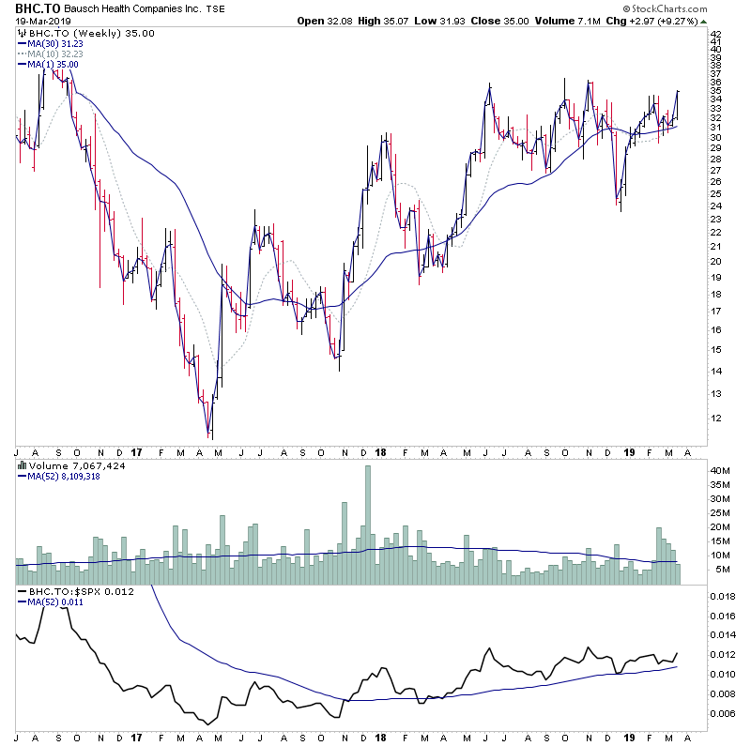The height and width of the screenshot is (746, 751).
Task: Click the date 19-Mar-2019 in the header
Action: click(x=35, y=21)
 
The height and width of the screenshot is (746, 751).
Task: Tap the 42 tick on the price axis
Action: click(x=715, y=35)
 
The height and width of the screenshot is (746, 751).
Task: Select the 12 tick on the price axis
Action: click(x=715, y=418)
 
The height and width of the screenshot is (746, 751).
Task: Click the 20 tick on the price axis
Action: click(x=715, y=260)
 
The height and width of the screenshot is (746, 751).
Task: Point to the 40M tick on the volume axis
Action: click(x=720, y=470)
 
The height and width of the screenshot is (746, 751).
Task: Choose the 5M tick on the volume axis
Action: click(x=717, y=570)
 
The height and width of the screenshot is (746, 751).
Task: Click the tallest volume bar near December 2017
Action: click(x=367, y=525)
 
